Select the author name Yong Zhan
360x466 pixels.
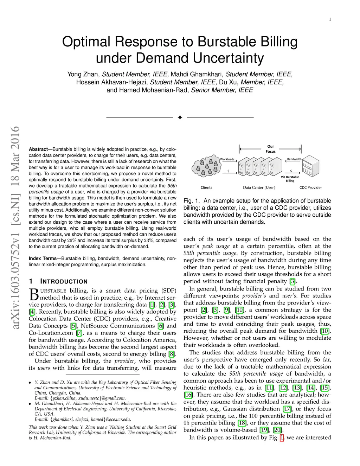[x=83, y=74]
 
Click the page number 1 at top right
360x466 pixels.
[x=330, y=19]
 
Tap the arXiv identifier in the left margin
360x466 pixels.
[x=15, y=228]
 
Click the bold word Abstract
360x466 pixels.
[x=38, y=149]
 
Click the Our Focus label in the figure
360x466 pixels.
[x=270, y=149]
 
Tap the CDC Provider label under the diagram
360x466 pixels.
[x=310, y=187]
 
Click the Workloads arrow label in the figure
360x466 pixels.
[x=227, y=159]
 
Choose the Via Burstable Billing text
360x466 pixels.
[x=290, y=179]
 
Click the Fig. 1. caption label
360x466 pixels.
[x=192, y=201]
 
